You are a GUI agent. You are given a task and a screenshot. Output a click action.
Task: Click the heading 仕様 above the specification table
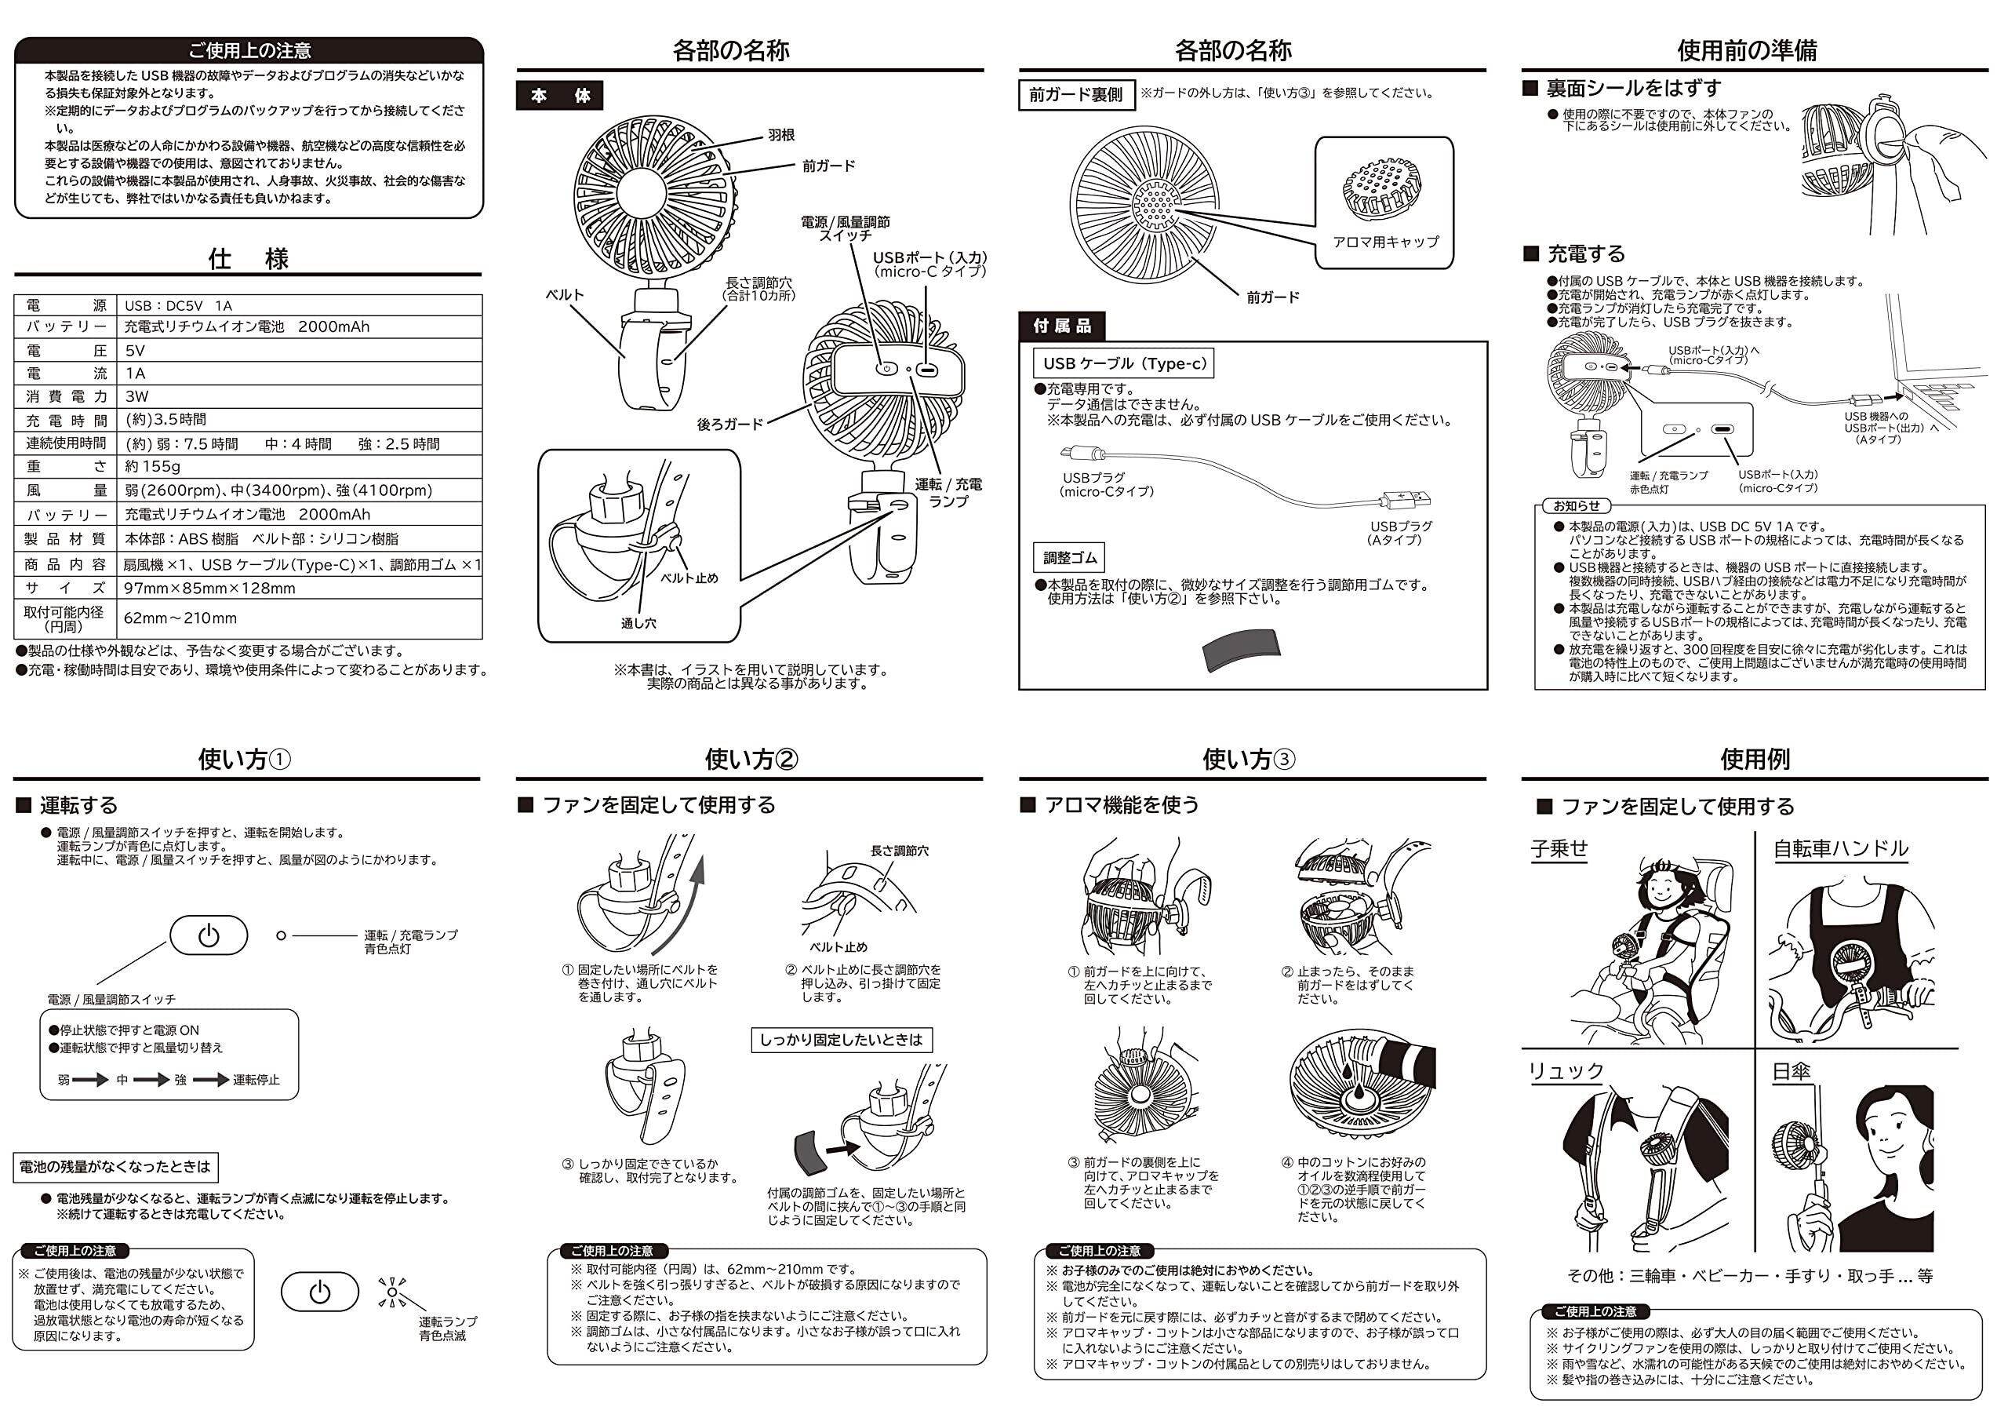pyautogui.click(x=248, y=259)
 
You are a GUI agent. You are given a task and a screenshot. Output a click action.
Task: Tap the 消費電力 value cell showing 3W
pyautogui.click(x=136, y=396)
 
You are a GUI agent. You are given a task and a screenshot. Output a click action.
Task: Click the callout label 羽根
pyautogui.click(x=781, y=136)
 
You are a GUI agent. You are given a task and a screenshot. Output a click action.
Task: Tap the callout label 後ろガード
pyautogui.click(x=729, y=425)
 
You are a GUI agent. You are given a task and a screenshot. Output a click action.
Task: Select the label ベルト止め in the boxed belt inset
pyautogui.click(x=688, y=578)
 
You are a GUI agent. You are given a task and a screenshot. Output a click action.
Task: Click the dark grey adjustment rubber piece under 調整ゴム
pyautogui.click(x=1242, y=649)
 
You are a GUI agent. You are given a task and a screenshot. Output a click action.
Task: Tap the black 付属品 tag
pyautogui.click(x=1062, y=326)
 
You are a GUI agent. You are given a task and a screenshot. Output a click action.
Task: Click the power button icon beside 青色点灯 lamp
pyautogui.click(x=208, y=935)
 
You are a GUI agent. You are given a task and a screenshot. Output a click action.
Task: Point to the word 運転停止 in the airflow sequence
pyautogui.click(x=256, y=1081)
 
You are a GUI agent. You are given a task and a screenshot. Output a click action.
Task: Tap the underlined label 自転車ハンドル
pyautogui.click(x=1840, y=848)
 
